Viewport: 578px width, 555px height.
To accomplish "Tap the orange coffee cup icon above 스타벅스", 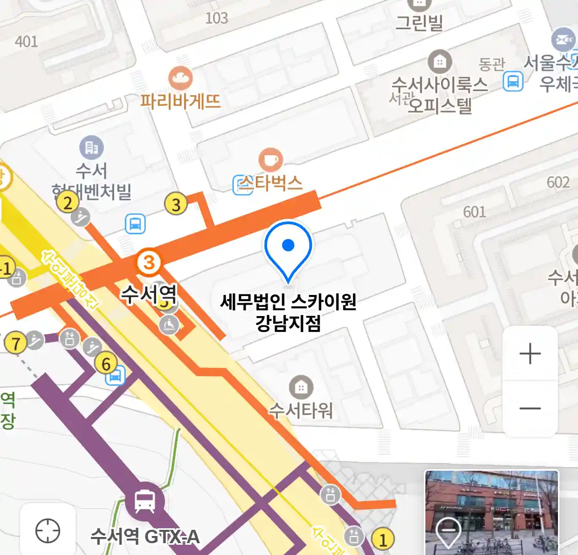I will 270,160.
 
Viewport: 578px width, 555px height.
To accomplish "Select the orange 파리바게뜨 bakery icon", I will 180,79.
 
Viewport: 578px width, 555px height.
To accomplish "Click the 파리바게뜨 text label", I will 180,101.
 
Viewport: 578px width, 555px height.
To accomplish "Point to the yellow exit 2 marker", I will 68,202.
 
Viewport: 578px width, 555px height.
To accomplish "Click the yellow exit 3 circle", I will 176,204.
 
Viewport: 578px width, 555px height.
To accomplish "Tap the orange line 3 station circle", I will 148,263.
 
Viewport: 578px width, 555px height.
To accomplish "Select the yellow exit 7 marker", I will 15,343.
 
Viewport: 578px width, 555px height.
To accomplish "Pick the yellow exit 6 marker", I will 106,364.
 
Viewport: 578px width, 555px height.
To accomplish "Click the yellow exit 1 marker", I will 382,540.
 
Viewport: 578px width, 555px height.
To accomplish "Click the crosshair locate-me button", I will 48,530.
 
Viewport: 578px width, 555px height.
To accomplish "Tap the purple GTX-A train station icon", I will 145,501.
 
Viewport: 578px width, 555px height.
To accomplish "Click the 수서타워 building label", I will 301,410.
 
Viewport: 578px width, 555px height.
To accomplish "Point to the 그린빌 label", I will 419,23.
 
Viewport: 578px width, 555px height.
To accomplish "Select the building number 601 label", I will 474,211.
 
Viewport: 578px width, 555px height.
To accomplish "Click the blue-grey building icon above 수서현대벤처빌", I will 91,148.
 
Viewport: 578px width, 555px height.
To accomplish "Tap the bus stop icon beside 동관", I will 513,81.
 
